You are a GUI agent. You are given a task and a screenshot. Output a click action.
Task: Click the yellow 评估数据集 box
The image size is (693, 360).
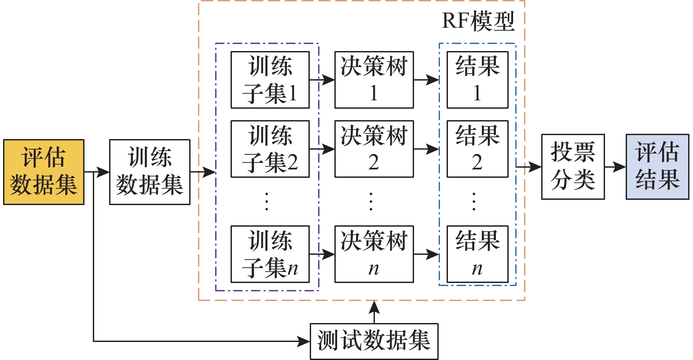[44, 172]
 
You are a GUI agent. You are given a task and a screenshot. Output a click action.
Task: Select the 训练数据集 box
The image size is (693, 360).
[150, 172]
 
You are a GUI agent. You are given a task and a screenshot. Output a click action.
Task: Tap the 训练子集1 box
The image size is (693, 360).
[270, 80]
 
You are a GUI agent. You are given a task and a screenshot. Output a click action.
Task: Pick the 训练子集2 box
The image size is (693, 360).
[270, 149]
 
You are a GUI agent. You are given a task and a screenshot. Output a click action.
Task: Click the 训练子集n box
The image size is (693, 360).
[270, 254]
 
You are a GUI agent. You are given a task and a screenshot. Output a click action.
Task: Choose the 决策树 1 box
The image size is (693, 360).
[374, 80]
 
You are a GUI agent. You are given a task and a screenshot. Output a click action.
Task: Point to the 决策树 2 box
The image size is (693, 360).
[374, 149]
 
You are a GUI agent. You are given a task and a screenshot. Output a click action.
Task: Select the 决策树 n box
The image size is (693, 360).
[374, 254]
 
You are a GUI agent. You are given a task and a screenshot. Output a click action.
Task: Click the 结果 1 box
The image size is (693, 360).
[477, 80]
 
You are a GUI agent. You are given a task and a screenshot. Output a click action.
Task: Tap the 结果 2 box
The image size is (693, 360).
[477, 149]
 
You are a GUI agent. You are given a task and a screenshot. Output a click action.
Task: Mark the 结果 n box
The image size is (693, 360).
[477, 254]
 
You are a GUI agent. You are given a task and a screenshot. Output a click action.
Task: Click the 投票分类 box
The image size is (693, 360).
[573, 167]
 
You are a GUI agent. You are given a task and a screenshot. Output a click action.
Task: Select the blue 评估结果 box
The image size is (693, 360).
[657, 167]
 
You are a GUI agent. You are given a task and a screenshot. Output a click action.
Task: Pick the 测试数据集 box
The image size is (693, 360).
[374, 342]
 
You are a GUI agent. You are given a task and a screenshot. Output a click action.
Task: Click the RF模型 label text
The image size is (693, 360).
[478, 21]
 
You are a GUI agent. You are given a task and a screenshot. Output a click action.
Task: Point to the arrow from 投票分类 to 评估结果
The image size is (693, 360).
[615, 167]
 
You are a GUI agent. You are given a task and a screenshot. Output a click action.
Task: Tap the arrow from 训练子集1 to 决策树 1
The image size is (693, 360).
[322, 80]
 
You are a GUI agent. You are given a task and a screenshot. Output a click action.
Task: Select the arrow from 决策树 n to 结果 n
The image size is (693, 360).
[426, 254]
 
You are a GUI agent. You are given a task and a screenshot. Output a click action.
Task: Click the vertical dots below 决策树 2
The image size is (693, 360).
[371, 201]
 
